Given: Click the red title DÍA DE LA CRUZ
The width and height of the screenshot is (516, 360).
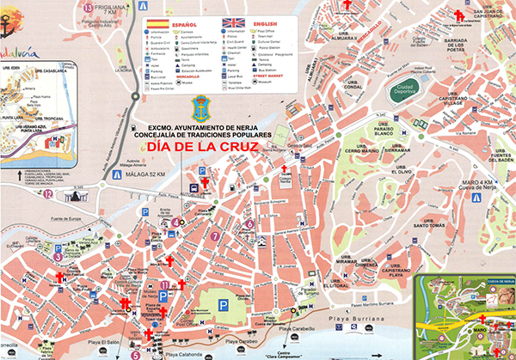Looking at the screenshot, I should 204,148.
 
